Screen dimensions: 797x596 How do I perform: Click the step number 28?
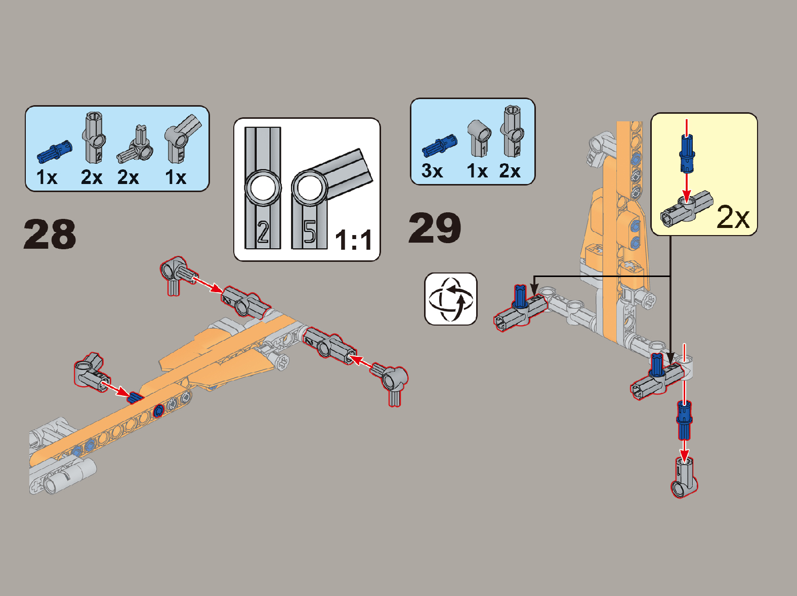pyautogui.click(x=50, y=234)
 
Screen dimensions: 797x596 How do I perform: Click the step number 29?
pyautogui.click(x=435, y=228)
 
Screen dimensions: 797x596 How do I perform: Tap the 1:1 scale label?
pyautogui.click(x=353, y=240)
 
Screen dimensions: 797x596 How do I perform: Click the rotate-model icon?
pyautogui.click(x=450, y=299)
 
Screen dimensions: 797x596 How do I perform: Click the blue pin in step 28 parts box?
pyautogui.click(x=55, y=151)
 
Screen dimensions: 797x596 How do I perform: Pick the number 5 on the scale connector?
pyautogui.click(x=309, y=232)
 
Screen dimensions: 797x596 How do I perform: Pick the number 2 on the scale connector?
pyautogui.click(x=263, y=232)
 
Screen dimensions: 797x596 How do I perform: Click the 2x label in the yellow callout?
pyautogui.click(x=733, y=216)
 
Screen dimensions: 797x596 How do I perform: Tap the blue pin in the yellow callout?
pyautogui.click(x=687, y=153)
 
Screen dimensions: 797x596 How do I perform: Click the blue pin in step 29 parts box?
pyautogui.click(x=439, y=146)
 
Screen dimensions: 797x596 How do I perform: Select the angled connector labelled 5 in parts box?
pyautogui.click(x=182, y=139)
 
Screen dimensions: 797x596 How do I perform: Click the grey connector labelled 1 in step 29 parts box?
pyautogui.click(x=479, y=138)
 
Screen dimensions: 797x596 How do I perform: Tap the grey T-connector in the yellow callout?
pyautogui.click(x=686, y=211)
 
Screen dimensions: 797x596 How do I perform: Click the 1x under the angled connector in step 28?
pyautogui.click(x=176, y=177)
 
